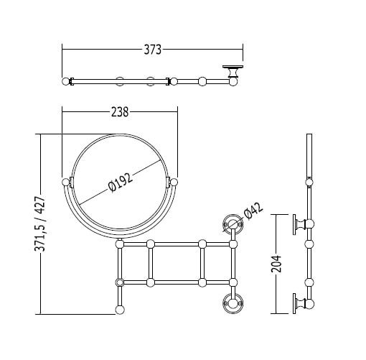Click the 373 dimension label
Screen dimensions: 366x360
(x=152, y=50)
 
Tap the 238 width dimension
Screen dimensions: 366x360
(x=120, y=112)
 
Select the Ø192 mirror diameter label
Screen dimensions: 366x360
(x=120, y=182)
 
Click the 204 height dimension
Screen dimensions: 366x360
(x=276, y=264)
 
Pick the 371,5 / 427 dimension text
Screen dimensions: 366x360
(x=40, y=224)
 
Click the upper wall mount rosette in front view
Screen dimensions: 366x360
(x=233, y=224)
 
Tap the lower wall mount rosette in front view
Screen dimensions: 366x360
(x=233, y=303)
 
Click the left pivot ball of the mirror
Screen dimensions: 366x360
(x=65, y=183)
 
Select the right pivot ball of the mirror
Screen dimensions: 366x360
(x=174, y=183)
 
